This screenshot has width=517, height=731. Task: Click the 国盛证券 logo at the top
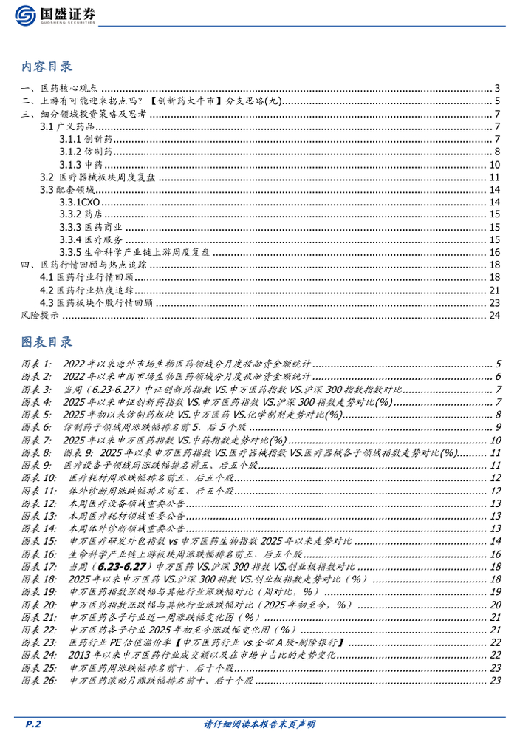55,15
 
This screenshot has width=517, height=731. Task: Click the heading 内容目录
47,67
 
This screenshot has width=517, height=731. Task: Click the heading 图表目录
47,342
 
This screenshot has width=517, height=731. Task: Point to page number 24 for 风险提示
495,315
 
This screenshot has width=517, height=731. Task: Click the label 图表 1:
36,364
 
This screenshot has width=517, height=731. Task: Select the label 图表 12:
38,503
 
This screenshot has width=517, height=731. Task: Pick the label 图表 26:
38,680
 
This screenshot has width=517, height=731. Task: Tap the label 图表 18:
38,579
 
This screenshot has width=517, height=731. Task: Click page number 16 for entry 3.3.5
495,252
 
